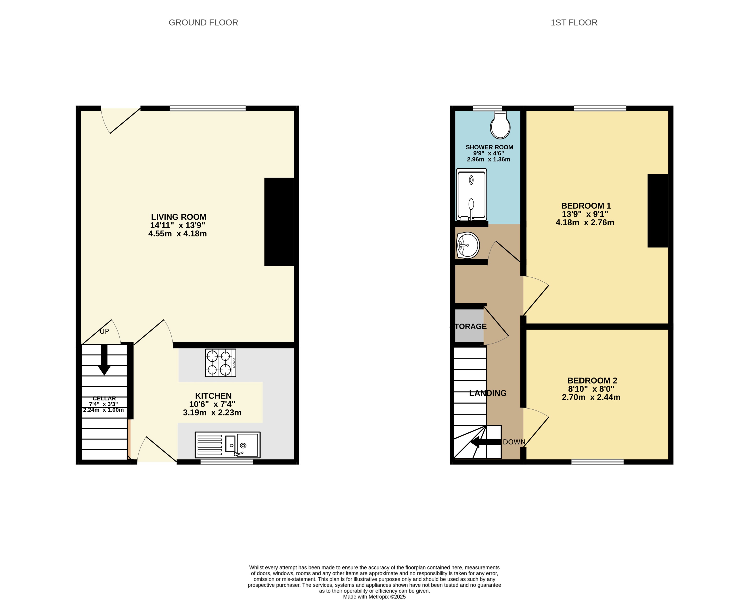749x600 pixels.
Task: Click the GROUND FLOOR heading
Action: [x=203, y=23]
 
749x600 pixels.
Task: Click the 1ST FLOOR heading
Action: [x=574, y=23]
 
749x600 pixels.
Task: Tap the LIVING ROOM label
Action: [x=179, y=217]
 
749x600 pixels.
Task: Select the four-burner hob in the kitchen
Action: [x=220, y=363]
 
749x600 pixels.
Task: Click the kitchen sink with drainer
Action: [x=228, y=445]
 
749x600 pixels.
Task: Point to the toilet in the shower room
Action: [x=500, y=125]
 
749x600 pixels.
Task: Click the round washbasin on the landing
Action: [x=468, y=245]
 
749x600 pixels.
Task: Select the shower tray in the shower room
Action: [x=471, y=195]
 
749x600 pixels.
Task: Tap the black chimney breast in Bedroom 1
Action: [x=658, y=211]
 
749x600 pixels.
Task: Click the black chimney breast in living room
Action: [x=279, y=222]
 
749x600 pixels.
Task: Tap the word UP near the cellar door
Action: [x=104, y=331]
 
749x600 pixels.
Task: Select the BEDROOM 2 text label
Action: [x=592, y=380]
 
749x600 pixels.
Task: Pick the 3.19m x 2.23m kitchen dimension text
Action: [x=212, y=413]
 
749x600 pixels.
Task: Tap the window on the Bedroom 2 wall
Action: [x=597, y=462]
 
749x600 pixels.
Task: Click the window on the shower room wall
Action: [x=487, y=108]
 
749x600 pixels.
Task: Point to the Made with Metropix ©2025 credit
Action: [x=374, y=596]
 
